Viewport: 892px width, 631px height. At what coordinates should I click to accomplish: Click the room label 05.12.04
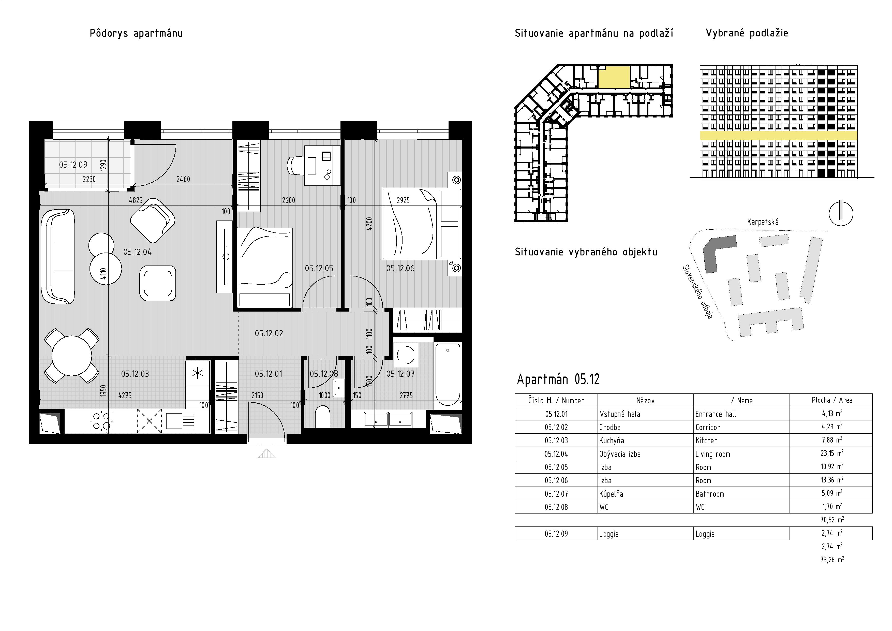(138, 252)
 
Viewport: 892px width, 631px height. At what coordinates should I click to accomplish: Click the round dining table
(72, 356)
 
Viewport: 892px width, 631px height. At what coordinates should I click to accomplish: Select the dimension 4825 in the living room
(136, 200)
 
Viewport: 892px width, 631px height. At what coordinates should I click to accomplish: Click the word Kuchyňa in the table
(612, 441)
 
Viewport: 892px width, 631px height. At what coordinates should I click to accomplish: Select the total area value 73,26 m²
(831, 560)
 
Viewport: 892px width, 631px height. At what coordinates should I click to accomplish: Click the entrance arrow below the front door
(266, 453)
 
